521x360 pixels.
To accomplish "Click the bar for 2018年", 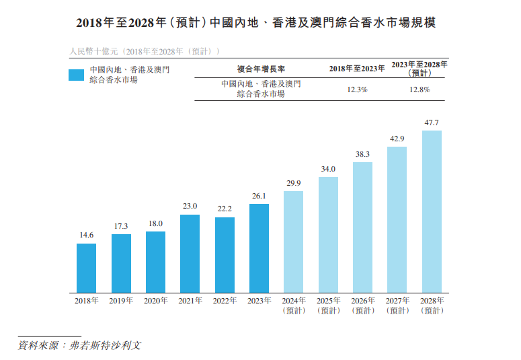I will pyautogui.click(x=86, y=267).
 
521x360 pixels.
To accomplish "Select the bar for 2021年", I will pyautogui.click(x=190, y=253).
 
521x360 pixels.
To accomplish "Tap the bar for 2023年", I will pyautogui.click(x=259, y=248).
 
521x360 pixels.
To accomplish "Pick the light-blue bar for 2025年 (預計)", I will pyautogui.click(x=328, y=234).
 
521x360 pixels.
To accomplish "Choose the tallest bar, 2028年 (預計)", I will pyautogui.click(x=432, y=211).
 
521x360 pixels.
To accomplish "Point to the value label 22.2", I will pyautogui.click(x=225, y=209).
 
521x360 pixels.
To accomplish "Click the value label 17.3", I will pyautogui.click(x=121, y=226).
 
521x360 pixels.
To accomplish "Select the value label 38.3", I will pyautogui.click(x=362, y=154).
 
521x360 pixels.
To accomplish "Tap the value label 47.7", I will pyautogui.click(x=432, y=122).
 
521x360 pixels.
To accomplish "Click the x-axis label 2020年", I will pyautogui.click(x=155, y=301).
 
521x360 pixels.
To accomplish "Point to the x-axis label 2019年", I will pyautogui.click(x=121, y=301).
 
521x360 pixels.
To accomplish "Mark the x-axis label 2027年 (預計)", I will pyautogui.click(x=397, y=305).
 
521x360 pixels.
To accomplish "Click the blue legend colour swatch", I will pyautogui.click(x=75, y=75).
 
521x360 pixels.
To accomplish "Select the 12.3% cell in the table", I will pyautogui.click(x=356, y=89).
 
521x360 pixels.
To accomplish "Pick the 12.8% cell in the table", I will pyautogui.click(x=419, y=89).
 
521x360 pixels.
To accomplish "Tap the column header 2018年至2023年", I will pyautogui.click(x=356, y=69).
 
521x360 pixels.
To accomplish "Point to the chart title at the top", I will pyautogui.click(x=260, y=23).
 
